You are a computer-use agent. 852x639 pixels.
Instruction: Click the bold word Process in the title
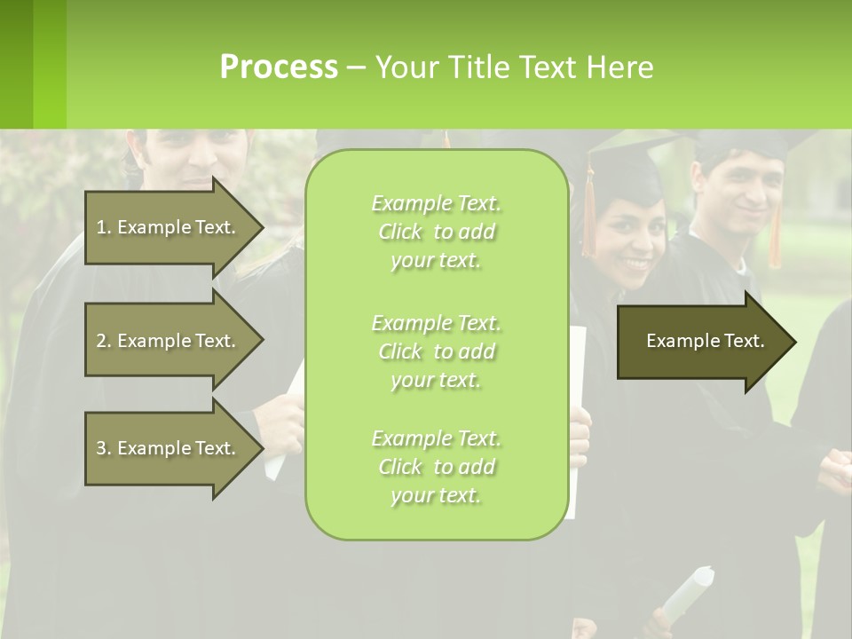(x=279, y=67)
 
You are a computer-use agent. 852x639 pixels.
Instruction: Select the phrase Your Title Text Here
(x=514, y=67)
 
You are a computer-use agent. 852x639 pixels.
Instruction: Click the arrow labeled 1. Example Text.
(x=169, y=227)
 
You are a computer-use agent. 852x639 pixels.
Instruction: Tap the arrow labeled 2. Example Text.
(x=169, y=341)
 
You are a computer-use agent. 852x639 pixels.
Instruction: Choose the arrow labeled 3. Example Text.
(x=169, y=448)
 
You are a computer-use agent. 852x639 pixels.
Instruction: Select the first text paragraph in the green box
(x=436, y=232)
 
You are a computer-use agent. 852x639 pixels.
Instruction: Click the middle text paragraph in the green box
(x=436, y=351)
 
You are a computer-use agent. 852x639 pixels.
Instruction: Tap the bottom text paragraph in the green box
(x=436, y=467)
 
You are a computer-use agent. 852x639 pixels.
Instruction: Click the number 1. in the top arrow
(x=104, y=227)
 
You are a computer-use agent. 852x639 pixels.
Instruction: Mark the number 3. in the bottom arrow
(x=104, y=448)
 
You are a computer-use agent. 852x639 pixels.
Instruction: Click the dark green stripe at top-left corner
(x=16, y=64)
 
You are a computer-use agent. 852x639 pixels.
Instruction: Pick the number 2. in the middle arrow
(x=104, y=341)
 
